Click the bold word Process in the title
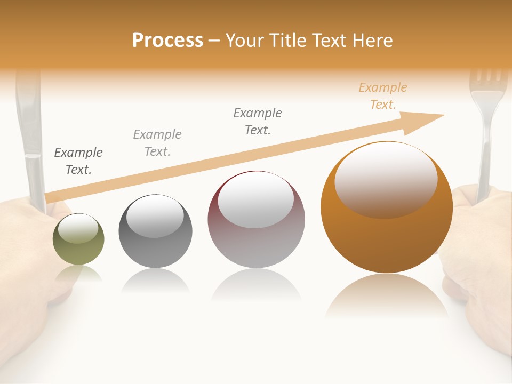pyautogui.click(x=167, y=41)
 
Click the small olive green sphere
pyautogui.click(x=78, y=239)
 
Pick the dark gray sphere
pyautogui.click(x=155, y=231)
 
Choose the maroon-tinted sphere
pyautogui.click(x=256, y=219)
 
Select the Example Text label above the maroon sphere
pyautogui.click(x=258, y=121)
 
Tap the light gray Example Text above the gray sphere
pyautogui.click(x=157, y=142)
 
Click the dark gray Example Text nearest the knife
pyautogui.click(x=78, y=161)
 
